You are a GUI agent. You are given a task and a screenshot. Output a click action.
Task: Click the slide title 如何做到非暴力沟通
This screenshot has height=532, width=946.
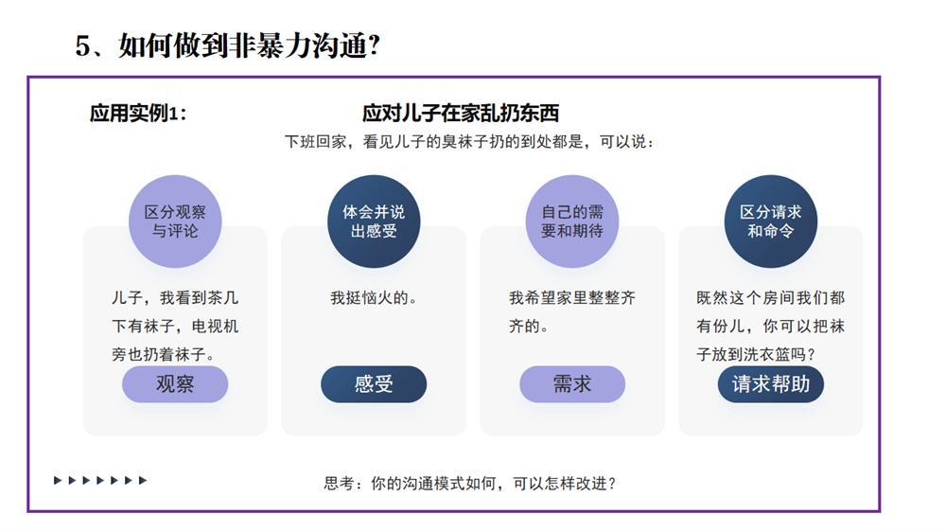point(242,45)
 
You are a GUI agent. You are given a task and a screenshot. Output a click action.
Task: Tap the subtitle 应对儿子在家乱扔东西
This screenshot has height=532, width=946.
point(461,113)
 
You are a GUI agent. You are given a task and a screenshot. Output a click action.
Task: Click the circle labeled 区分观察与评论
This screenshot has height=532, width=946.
point(175,221)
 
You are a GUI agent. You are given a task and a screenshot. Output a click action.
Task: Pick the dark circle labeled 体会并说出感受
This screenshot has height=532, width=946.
point(374,221)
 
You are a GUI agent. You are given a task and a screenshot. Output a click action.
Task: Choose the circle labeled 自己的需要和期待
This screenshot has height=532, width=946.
point(572,221)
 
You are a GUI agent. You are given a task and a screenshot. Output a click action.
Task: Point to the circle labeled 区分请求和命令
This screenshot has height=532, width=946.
point(770,221)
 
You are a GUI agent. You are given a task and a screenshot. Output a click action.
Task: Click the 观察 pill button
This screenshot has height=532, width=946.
point(175,384)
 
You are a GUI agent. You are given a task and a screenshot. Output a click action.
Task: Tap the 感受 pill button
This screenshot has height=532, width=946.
point(374,384)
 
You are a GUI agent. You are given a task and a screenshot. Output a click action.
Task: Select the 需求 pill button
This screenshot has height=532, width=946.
point(572,384)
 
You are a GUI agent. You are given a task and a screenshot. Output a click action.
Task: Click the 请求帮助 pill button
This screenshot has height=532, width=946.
point(770,384)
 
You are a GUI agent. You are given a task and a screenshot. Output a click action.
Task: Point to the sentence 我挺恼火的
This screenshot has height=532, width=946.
point(374,297)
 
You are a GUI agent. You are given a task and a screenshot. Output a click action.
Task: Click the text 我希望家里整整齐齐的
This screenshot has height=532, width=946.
point(572,311)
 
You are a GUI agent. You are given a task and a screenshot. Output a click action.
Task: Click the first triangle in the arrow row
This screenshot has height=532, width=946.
point(58,481)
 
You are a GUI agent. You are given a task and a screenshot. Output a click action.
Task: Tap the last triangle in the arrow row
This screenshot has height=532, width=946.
point(143,481)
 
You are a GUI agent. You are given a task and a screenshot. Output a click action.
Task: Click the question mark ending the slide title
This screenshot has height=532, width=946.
point(374,45)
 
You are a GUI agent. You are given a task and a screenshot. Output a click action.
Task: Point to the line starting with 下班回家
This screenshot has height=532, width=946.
point(469,142)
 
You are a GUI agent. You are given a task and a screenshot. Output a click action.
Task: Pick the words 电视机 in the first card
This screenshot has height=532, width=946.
point(215,326)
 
